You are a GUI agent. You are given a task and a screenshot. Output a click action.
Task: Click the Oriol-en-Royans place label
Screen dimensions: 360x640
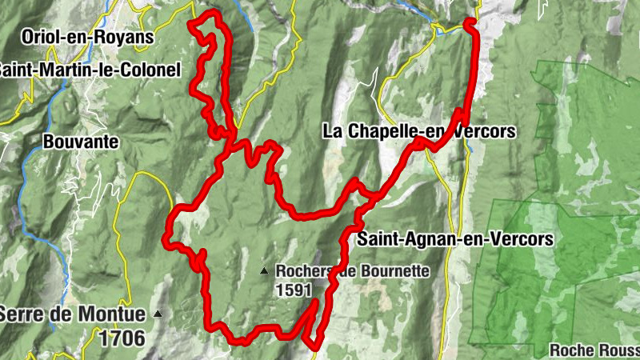(x=88, y=37)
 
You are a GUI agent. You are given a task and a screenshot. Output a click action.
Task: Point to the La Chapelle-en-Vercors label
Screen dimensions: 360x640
(x=419, y=131)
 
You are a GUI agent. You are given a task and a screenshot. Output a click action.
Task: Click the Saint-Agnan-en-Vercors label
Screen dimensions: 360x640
(x=455, y=238)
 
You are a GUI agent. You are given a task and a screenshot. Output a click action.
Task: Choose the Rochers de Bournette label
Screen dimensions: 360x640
(x=353, y=271)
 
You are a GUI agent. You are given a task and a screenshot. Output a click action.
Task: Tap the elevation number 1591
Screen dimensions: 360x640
(x=294, y=290)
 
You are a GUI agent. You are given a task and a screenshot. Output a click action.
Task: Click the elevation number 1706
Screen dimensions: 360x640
(x=122, y=338)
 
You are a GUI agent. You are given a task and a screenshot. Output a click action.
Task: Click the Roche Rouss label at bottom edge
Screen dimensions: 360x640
(x=594, y=350)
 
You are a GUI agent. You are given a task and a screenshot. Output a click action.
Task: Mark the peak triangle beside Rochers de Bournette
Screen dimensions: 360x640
(x=264, y=272)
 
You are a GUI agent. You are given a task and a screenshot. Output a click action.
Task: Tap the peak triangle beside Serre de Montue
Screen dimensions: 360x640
(x=158, y=314)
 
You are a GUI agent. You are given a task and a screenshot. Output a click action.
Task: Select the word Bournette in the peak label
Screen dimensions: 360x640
(x=391, y=271)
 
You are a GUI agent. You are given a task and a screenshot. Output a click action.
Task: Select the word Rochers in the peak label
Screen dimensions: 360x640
(x=302, y=271)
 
